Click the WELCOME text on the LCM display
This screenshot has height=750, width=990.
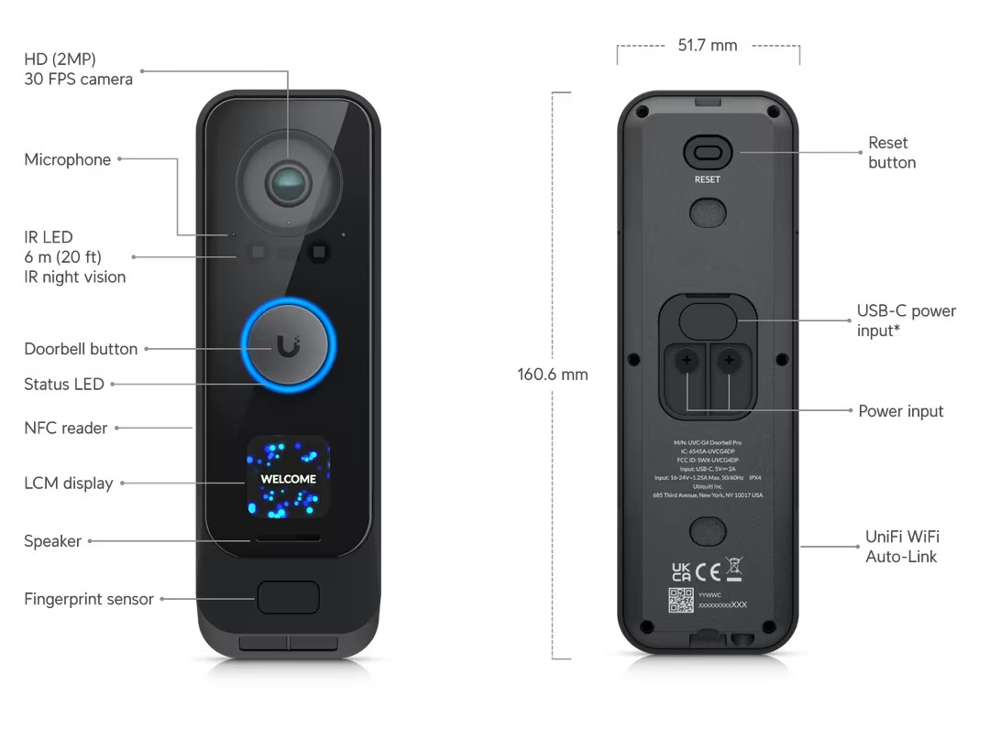click(x=288, y=479)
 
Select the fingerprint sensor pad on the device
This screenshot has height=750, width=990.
click(x=288, y=597)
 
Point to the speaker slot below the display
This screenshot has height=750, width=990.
click(x=288, y=538)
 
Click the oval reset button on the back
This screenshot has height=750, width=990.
click(x=707, y=153)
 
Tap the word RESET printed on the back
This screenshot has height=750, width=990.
click(x=707, y=179)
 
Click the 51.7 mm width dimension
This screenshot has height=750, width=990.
click(x=707, y=45)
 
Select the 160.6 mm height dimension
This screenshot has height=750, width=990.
click(x=552, y=374)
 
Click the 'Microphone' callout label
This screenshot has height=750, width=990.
click(x=67, y=159)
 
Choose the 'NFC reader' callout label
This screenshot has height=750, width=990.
click(x=65, y=428)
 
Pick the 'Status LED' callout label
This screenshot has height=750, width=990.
click(x=64, y=385)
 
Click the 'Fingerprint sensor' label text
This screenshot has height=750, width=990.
click(x=89, y=599)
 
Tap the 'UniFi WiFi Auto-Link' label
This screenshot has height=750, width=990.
click(x=902, y=547)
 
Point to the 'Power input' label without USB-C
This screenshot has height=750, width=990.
click(x=900, y=411)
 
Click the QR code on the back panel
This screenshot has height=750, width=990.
click(x=681, y=600)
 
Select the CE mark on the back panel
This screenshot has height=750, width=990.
click(x=707, y=572)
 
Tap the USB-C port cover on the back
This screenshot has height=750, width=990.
click(x=707, y=319)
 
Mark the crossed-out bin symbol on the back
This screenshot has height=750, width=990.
click(x=733, y=570)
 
